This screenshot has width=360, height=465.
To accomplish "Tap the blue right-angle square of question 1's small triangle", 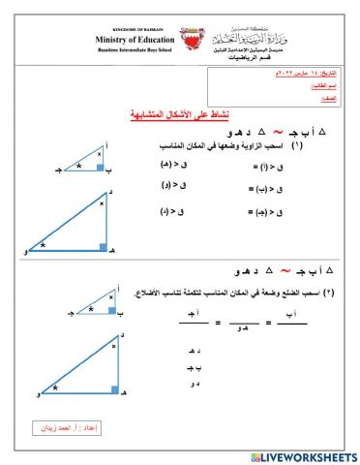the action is pos(100,166).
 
